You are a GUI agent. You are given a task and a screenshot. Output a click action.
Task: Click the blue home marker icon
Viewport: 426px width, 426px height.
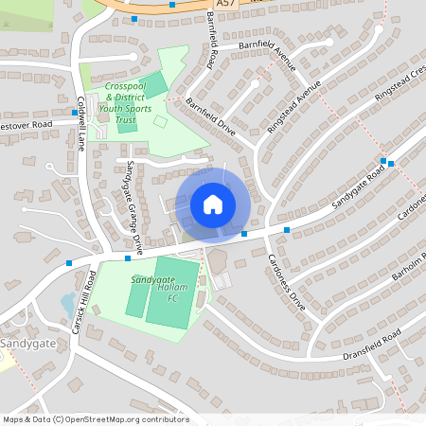coord(213,204)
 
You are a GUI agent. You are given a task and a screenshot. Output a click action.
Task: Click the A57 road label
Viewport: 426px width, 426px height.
coord(224,5)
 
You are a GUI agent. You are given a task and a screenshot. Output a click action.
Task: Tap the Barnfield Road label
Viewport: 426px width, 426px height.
coord(210,42)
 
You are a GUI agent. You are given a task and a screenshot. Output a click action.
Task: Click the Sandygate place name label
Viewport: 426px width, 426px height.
coord(27,343)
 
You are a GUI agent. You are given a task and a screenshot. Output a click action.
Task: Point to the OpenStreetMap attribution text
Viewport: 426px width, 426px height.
coord(95,419)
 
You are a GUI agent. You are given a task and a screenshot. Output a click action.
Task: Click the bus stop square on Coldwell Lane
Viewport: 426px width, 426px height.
coord(75,113)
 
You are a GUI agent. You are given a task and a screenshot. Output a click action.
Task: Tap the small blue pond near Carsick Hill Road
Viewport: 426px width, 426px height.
coord(67,302)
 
